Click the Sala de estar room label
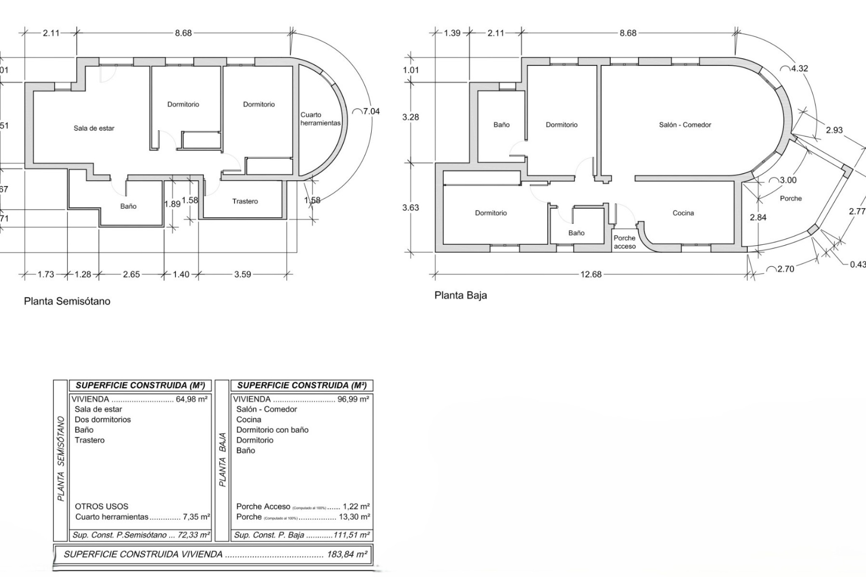(x=94, y=128)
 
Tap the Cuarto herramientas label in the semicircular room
(x=320, y=119)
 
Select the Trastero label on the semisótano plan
(x=245, y=201)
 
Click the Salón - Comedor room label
(x=685, y=125)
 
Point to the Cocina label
(x=683, y=213)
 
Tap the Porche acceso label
(x=624, y=242)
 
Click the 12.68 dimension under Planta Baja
(x=590, y=275)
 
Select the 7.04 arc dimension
(x=371, y=111)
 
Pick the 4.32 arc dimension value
(x=799, y=69)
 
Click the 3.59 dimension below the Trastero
(x=242, y=275)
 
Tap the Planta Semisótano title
(x=67, y=302)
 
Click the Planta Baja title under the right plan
(x=461, y=296)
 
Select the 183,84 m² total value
(x=346, y=554)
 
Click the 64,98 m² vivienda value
(x=191, y=399)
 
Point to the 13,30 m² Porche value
(x=354, y=517)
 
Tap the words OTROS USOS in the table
(x=101, y=507)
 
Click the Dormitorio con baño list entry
(x=272, y=430)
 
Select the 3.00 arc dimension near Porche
(x=788, y=180)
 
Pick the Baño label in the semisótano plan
(x=128, y=206)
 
